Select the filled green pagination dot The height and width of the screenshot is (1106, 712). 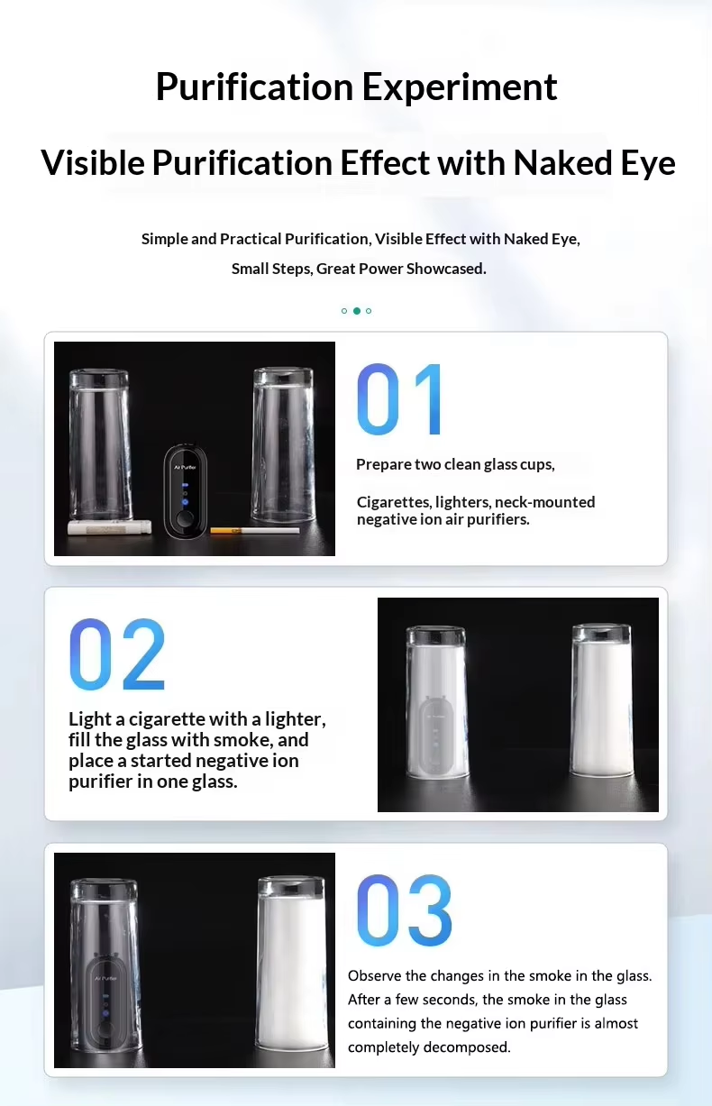point(357,311)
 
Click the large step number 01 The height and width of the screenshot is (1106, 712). point(399,399)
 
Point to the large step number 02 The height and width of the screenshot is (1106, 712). point(117,654)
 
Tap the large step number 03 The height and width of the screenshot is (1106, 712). point(404,910)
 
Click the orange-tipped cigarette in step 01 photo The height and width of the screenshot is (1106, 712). point(255,531)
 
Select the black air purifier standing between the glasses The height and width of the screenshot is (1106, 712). point(185,491)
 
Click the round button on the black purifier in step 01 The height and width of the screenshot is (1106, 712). point(185,519)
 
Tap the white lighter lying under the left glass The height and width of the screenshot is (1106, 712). point(110,527)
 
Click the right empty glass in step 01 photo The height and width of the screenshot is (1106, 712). point(283,444)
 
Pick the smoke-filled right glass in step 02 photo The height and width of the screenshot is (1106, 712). point(602,700)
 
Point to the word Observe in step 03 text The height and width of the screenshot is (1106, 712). point(374,975)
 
